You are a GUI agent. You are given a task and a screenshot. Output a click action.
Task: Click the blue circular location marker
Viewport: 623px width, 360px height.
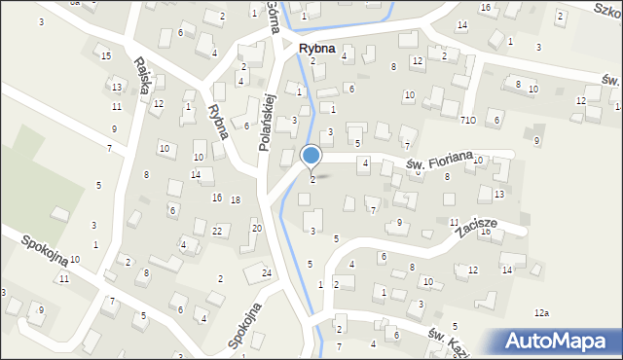point(311,156)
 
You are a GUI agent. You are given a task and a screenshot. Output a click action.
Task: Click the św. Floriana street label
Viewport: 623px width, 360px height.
point(440,159)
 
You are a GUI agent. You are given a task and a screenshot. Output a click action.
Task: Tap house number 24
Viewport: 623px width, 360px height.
point(267,272)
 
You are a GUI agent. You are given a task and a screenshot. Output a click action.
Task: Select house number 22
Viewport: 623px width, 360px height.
point(218,231)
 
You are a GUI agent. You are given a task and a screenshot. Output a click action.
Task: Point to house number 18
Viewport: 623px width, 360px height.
point(236,199)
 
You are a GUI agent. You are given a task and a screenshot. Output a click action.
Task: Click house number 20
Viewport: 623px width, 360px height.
point(257,228)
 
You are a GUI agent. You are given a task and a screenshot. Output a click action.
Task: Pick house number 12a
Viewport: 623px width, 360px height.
point(542,312)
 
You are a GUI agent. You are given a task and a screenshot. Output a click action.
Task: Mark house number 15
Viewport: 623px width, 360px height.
point(105,55)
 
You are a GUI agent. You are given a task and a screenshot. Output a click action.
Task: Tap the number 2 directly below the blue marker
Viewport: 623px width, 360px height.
point(311,179)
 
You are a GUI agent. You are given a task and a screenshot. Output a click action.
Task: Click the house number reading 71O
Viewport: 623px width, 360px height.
point(468,120)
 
